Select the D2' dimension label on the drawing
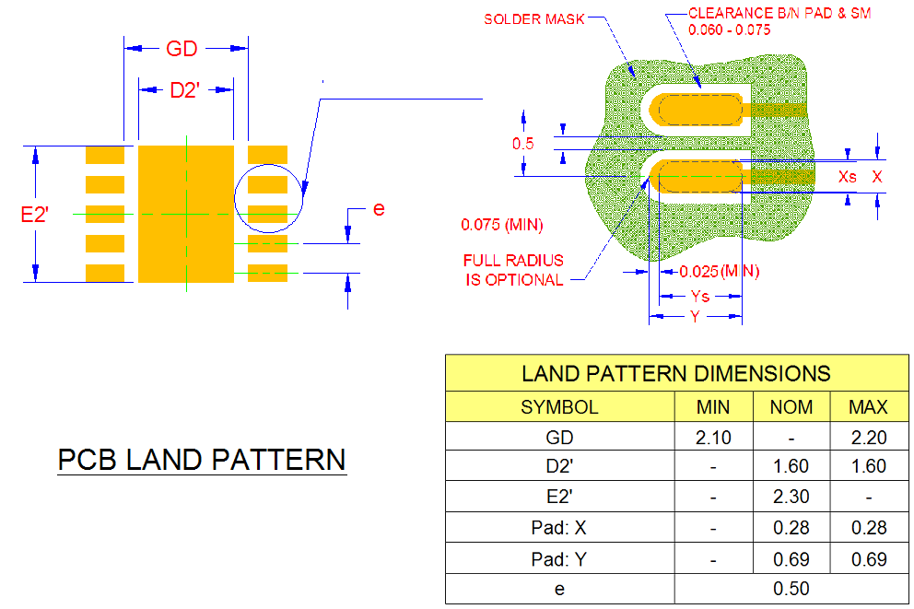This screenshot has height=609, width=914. coord(185,89)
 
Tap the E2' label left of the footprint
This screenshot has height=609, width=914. coord(34,215)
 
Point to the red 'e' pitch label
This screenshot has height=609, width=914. coord(378,209)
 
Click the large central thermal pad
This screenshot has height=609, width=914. coord(185,213)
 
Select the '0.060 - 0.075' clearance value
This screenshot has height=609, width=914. coord(730,29)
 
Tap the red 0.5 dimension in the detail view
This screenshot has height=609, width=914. coord(523,144)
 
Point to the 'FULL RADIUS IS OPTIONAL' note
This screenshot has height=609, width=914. coord(513,270)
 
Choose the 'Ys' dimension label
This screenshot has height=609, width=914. coord(700,296)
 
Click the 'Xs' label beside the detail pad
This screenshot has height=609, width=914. coord(848,175)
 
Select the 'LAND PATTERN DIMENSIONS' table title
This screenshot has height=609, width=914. coord(675,373)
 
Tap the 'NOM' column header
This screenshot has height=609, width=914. coord(791,406)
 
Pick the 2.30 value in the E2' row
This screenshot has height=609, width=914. coord(791,497)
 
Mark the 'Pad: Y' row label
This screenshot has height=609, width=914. coord(559,558)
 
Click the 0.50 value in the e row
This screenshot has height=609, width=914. coord(791,588)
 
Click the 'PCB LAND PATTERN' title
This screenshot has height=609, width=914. coord(202,459)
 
